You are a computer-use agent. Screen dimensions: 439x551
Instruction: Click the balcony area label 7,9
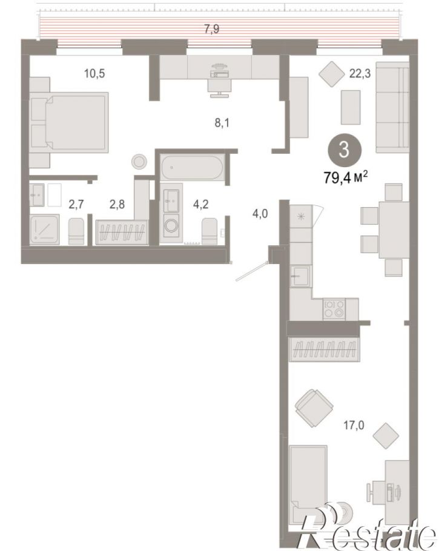coord(211,29)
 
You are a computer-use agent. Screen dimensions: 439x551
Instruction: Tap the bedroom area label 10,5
coord(94,74)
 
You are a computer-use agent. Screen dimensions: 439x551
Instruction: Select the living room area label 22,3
coord(360,74)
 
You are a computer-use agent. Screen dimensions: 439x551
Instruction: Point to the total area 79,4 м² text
coord(346,177)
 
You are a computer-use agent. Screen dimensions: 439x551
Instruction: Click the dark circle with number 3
coord(345,150)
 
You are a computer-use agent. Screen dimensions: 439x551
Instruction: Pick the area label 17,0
coord(354,426)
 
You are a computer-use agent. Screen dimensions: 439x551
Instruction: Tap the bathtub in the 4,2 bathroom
coord(192,168)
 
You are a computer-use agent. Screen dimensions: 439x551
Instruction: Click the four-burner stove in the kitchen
coord(334,309)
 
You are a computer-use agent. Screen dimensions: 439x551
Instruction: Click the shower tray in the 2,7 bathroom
coord(44,229)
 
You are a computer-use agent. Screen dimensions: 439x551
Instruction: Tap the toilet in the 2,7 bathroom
coord(76,231)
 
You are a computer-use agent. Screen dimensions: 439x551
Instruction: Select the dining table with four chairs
coord(385,230)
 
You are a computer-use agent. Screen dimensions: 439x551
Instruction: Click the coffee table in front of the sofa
coord(351,107)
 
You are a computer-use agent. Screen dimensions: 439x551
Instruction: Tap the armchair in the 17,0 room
coord(314,408)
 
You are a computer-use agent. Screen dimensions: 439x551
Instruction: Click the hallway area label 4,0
coord(260,213)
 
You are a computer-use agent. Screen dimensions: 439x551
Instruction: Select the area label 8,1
coord(222,123)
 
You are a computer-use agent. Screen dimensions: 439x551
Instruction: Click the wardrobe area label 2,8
coord(117,204)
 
